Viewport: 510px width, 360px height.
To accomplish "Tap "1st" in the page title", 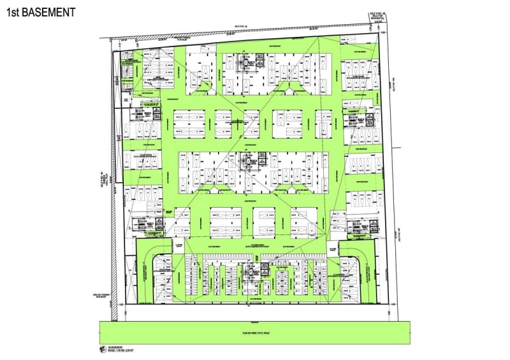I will click(x=15, y=12).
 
